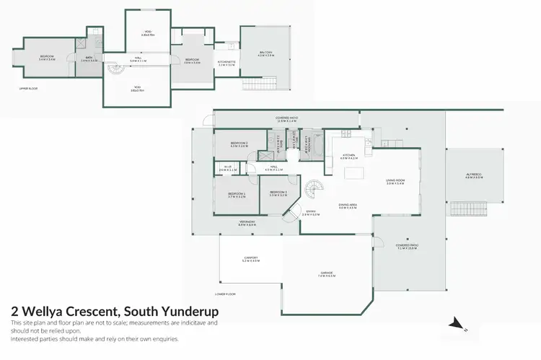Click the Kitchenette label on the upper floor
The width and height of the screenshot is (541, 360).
tap(226, 63)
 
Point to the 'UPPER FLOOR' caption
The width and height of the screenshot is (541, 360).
tap(28, 88)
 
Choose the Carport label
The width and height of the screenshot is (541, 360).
tap(250, 258)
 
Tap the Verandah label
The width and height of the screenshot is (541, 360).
tap(247, 224)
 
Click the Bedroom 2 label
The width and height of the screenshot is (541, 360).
tap(239, 144)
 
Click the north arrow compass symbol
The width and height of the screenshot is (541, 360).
tap(454, 324)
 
